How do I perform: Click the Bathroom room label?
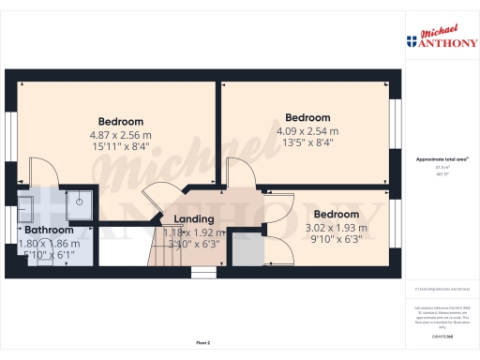[49, 230]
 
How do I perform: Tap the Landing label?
[194, 219]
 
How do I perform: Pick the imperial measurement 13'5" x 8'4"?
[307, 142]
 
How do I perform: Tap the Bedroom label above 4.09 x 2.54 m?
[307, 118]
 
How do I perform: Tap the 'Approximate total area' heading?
[441, 159]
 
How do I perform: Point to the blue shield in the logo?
[412, 41]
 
